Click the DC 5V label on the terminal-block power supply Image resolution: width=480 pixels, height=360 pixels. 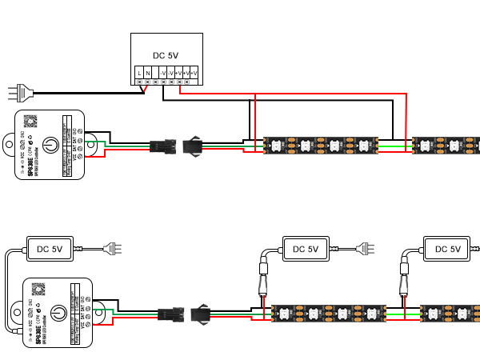pyautogui.click(x=166, y=55)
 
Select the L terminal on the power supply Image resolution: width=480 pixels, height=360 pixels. pyautogui.click(x=139, y=74)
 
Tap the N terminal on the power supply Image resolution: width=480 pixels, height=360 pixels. pyautogui.click(x=148, y=74)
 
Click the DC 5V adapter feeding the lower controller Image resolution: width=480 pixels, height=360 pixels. pyautogui.click(x=50, y=249)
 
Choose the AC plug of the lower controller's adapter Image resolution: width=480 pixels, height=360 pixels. pyautogui.click(x=114, y=248)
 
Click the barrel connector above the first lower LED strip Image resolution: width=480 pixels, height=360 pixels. pyautogui.click(x=262, y=284)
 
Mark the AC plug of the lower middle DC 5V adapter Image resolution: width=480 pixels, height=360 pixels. pyautogui.click(x=365, y=248)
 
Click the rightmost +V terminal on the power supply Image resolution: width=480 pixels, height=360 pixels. pyautogui.click(x=194, y=74)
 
